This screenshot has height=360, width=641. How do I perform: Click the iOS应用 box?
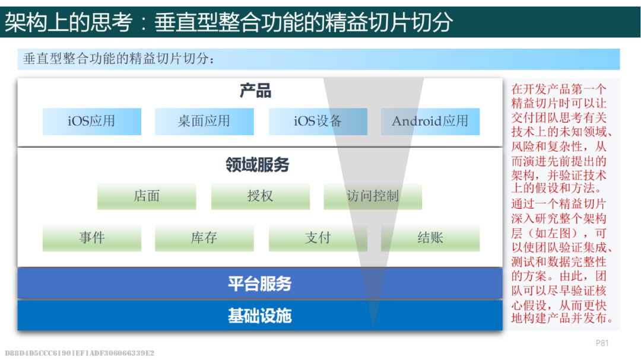92,122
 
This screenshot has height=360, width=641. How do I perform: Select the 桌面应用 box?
204,122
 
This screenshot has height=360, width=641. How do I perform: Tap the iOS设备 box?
318,122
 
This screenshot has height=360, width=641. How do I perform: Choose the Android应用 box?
430,122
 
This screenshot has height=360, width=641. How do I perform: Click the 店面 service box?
147,196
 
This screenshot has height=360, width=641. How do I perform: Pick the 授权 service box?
261,196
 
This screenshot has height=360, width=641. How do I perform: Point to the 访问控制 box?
373,196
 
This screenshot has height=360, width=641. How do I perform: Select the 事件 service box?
92,238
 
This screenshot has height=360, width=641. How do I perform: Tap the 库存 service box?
204,238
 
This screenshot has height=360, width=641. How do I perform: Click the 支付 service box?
318,238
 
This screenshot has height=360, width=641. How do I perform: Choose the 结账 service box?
430,238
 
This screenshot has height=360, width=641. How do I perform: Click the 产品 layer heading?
255,91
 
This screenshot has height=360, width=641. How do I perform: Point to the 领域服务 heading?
258,165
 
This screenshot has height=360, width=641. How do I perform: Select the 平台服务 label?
260,283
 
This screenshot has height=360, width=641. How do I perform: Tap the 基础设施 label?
260,316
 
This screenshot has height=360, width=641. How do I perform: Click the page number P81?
602,343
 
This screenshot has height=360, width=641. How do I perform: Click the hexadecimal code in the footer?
80,353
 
